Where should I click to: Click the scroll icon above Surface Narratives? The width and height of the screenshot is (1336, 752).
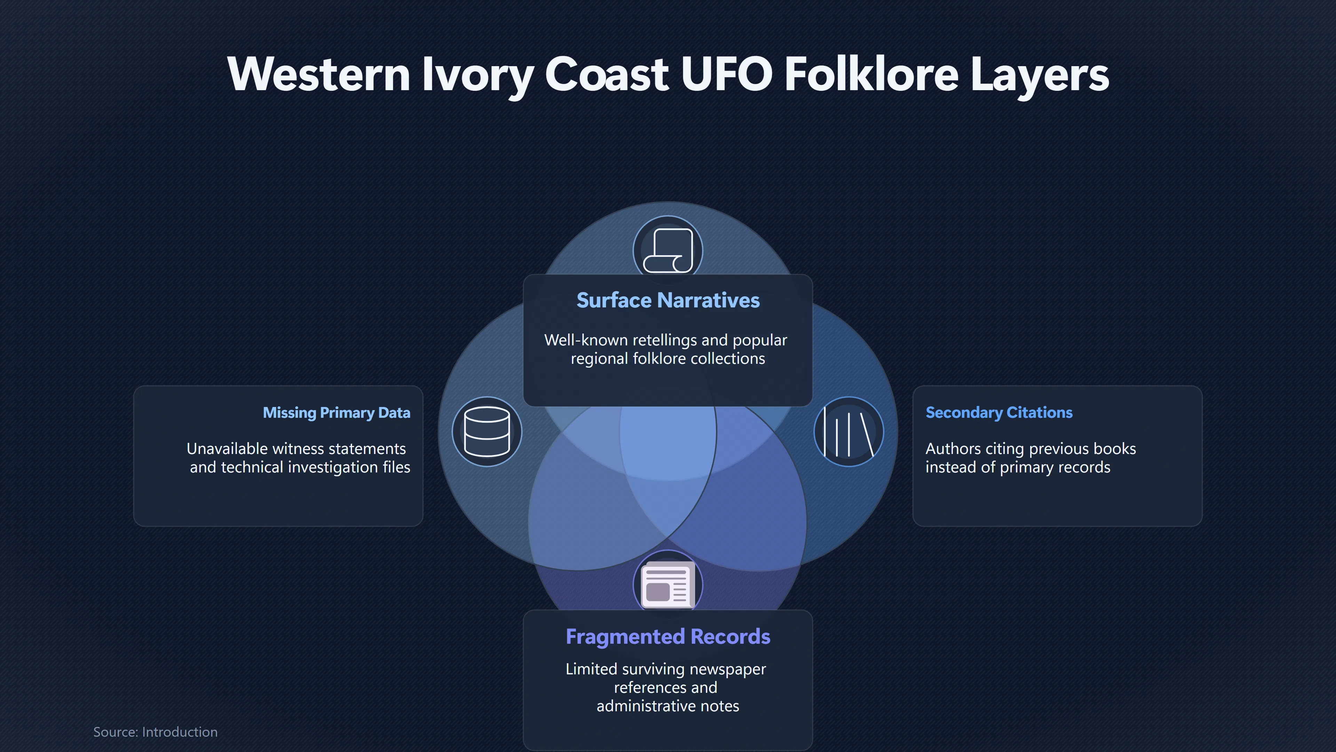point(668,250)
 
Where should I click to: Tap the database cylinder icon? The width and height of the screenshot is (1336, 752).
point(486,432)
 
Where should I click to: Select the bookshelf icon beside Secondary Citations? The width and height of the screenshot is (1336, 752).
point(849,432)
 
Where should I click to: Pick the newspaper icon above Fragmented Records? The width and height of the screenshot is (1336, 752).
point(668,585)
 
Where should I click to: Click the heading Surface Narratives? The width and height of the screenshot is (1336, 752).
point(668,300)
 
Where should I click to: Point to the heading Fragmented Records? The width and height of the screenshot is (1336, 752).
point(668,637)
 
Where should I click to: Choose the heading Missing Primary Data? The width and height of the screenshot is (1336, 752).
point(336,413)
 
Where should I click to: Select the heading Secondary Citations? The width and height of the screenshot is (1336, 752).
point(999,413)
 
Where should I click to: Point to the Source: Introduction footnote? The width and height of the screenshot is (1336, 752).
point(155,732)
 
